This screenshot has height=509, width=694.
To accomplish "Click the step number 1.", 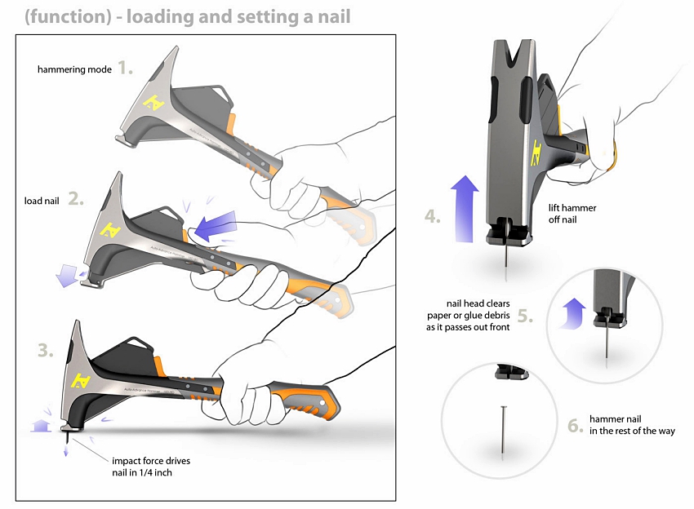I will click(x=124, y=68).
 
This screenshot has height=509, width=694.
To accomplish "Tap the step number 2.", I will click(x=76, y=198).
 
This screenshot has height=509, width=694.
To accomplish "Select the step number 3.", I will click(x=46, y=352).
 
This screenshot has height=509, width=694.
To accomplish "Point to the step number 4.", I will click(x=432, y=217).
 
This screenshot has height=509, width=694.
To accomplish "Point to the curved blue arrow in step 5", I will click(x=572, y=312).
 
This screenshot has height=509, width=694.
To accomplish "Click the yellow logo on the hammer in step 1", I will click(x=151, y=102).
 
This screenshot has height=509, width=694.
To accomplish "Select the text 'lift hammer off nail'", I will click(x=572, y=214).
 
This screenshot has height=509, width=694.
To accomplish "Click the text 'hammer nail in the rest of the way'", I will click(x=631, y=425).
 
